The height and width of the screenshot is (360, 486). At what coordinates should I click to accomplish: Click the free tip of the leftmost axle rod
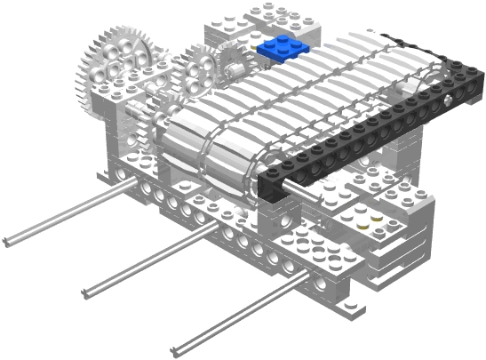coord(7,242)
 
